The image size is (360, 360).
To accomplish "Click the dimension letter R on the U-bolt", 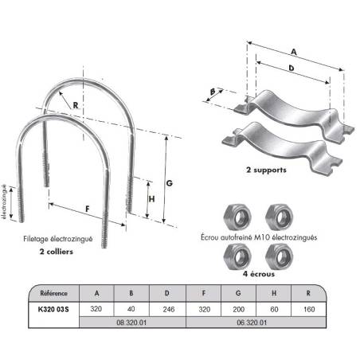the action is coord(76,105).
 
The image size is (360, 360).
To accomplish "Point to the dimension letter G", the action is coord(169,183).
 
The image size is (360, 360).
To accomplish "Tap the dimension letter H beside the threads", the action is coord(151,199).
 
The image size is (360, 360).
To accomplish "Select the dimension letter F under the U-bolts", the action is coord(88,209).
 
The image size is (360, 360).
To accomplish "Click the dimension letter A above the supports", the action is coord(294,52).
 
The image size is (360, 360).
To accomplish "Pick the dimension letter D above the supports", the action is coord(292,68).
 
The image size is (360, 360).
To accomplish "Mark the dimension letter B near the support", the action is coord(213,92).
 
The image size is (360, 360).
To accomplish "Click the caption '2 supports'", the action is coord(266,170).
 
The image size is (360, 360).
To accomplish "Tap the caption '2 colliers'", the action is coord(57,252).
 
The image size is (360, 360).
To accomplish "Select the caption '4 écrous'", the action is coord(259,274).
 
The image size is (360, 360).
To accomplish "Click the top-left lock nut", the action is coord(237,217).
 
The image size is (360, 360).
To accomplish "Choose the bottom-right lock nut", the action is coord(280,256).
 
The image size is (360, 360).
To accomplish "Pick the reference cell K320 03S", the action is coord(53,309).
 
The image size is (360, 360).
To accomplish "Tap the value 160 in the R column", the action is coord(309,309).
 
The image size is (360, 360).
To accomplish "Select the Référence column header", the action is coord(53,293).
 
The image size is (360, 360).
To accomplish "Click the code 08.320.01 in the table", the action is coord(131,323).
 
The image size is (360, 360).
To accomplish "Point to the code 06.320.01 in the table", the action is coord(252,323).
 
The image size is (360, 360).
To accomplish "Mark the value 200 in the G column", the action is coord(238,309).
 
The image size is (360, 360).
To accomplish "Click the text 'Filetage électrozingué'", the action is coord(58,239).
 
